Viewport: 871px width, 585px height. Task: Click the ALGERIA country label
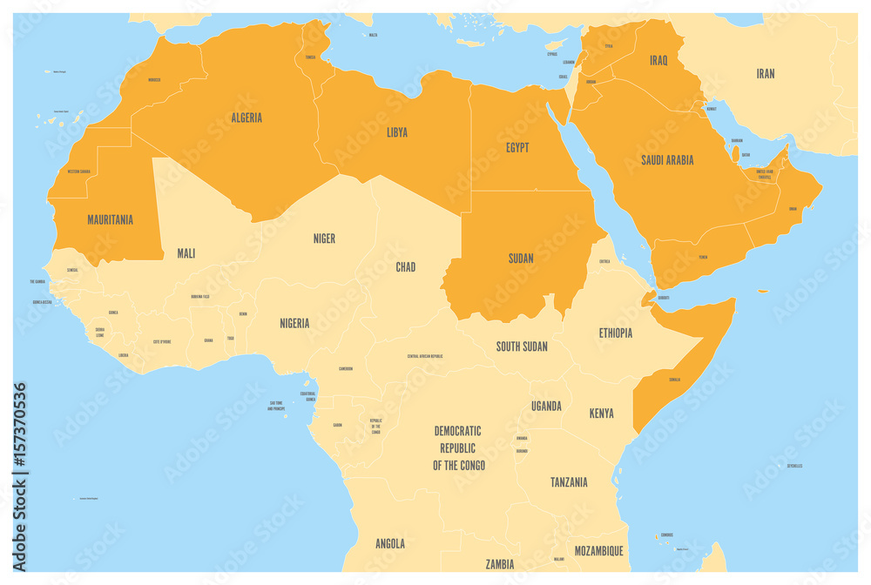(x=246, y=118)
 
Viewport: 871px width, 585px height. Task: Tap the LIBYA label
(x=396, y=133)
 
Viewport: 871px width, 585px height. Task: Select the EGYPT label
(x=517, y=148)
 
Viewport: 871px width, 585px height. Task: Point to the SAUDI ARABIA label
(x=667, y=160)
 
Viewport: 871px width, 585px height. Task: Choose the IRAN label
(x=766, y=74)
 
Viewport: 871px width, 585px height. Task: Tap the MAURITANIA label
(x=111, y=220)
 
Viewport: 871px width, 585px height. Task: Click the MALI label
(x=186, y=253)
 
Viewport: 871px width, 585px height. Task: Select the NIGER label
(x=324, y=239)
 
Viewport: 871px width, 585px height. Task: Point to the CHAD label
(x=405, y=267)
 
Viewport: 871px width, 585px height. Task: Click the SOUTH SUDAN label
(x=522, y=346)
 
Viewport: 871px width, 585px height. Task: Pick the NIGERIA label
(x=294, y=324)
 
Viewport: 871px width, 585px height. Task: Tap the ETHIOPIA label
(x=615, y=333)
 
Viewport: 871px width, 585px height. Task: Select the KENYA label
(x=601, y=414)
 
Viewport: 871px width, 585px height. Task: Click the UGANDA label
(x=546, y=407)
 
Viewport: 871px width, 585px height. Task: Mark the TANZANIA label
(x=569, y=482)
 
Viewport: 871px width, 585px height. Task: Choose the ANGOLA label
(x=389, y=544)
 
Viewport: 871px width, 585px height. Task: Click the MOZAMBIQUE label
(x=598, y=551)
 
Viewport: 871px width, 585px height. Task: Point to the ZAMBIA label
(x=499, y=564)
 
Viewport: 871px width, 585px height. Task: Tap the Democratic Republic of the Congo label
(x=458, y=448)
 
